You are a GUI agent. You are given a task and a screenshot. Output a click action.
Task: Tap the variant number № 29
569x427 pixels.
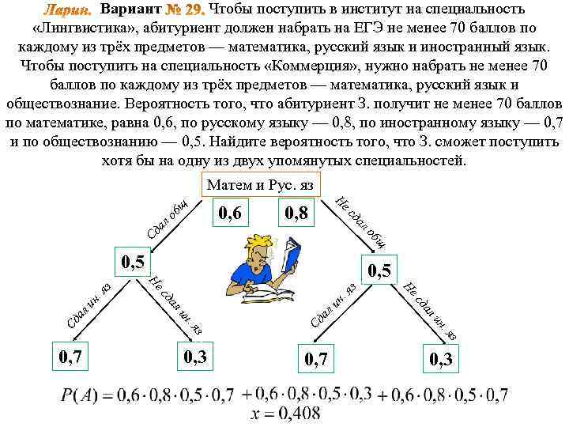click(x=183, y=9)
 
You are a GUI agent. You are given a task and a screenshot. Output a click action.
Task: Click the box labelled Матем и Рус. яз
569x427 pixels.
click(x=260, y=184)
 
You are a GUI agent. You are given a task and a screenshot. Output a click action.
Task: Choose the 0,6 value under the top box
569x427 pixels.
click(x=232, y=212)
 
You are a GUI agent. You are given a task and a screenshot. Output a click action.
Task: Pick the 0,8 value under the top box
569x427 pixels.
click(x=300, y=213)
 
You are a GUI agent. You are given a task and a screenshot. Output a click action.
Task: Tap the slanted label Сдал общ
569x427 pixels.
click(x=167, y=214)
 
